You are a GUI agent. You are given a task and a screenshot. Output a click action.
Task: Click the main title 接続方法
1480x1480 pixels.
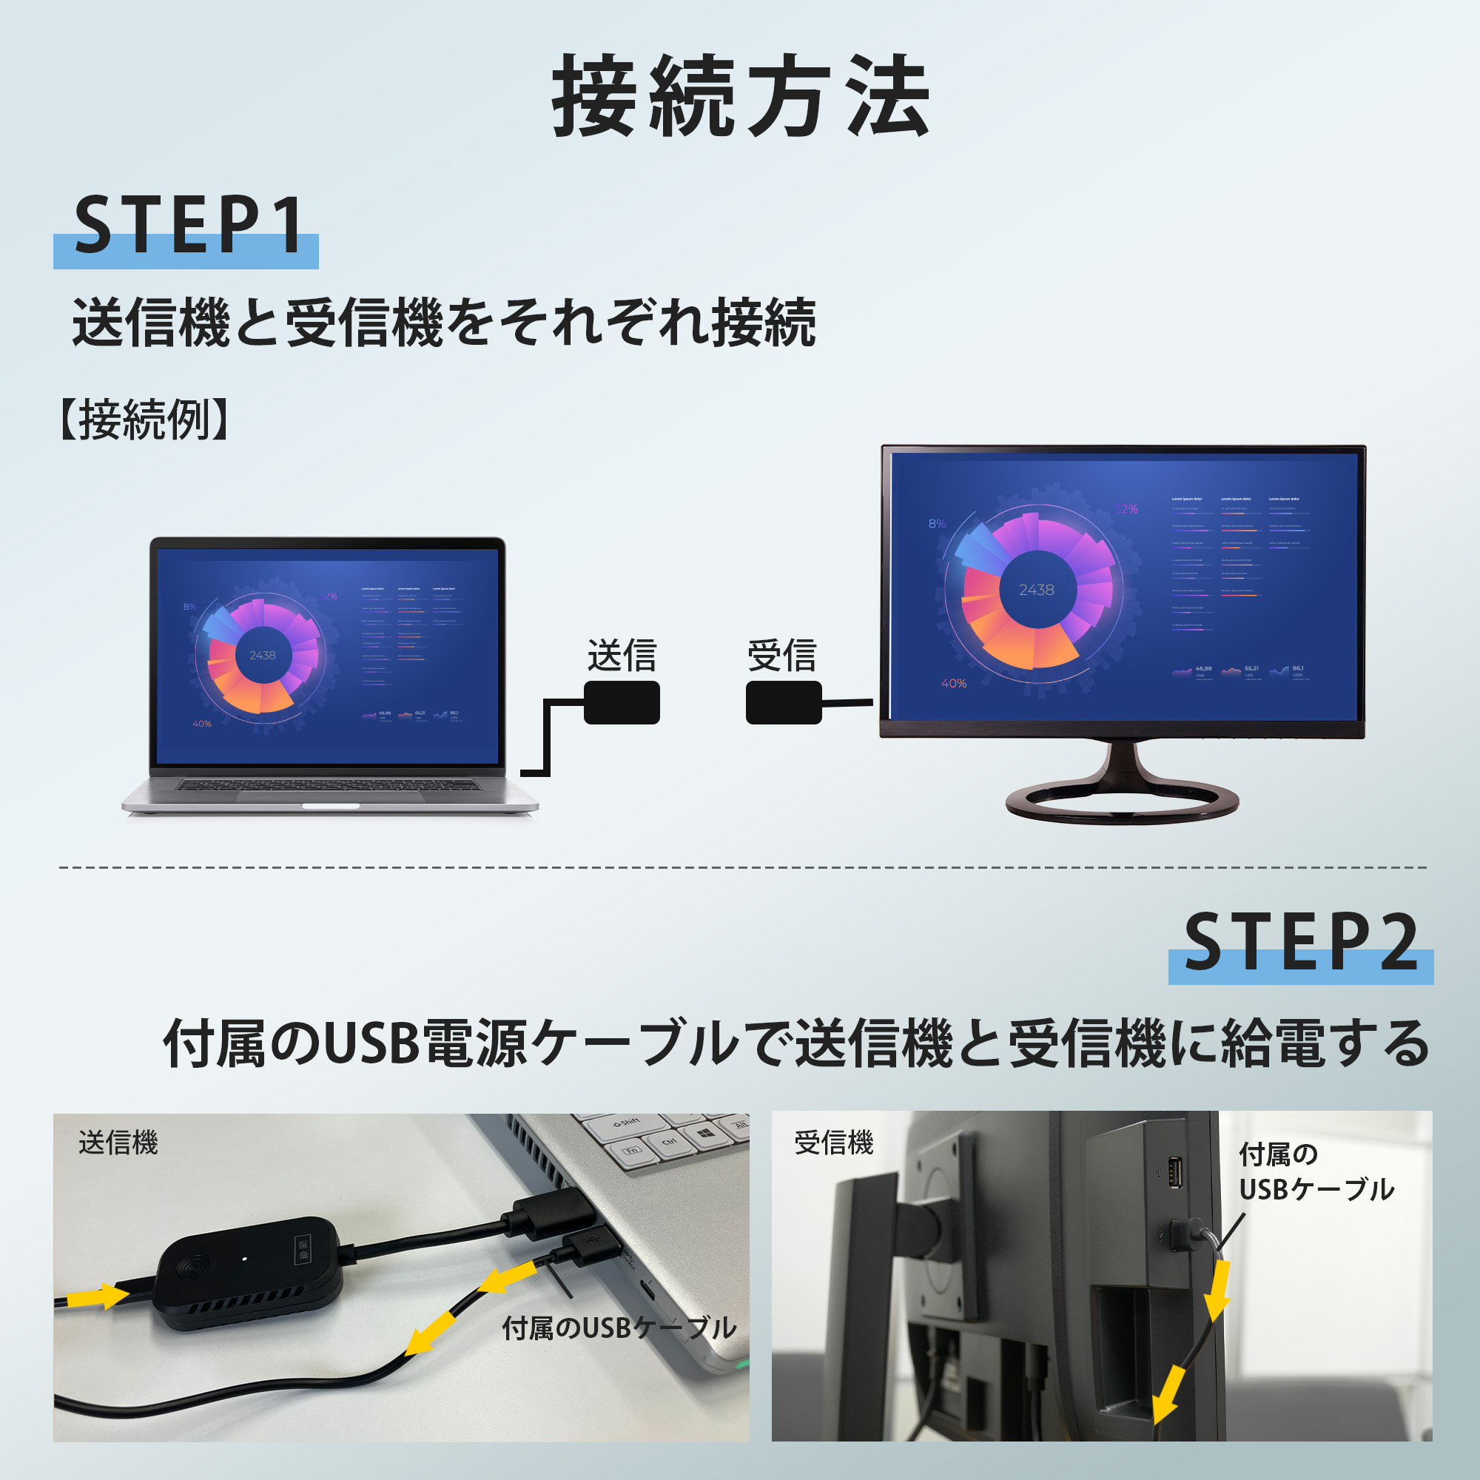pyautogui.click(x=740, y=97)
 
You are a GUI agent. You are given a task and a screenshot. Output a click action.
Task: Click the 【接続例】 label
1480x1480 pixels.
pyautogui.click(x=144, y=420)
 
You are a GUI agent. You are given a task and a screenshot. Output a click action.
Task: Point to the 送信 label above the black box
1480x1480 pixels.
pyautogui.click(x=622, y=656)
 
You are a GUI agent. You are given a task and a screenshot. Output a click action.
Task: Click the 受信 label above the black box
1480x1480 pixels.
pyautogui.click(x=782, y=656)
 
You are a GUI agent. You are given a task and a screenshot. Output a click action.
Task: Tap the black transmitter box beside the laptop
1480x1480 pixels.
pyautogui.click(x=622, y=702)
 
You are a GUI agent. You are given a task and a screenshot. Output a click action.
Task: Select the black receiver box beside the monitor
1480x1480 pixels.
pyautogui.click(x=783, y=702)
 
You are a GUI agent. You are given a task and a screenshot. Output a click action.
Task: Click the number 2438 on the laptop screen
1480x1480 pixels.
pyautogui.click(x=262, y=655)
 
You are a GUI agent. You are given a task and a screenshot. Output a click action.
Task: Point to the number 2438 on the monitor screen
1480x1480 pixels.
pyautogui.click(x=1037, y=590)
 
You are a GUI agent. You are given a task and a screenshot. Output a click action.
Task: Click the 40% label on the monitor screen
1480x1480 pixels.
pyautogui.click(x=954, y=683)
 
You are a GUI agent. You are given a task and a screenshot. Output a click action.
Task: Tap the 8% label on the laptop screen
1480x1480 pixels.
pyautogui.click(x=189, y=607)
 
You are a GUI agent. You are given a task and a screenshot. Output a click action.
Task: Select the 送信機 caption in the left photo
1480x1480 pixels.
pyautogui.click(x=118, y=1143)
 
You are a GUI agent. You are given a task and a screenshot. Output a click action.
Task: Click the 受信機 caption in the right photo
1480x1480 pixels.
pyautogui.click(x=833, y=1143)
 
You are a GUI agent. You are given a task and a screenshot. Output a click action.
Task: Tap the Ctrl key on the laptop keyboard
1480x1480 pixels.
pyautogui.click(x=668, y=1142)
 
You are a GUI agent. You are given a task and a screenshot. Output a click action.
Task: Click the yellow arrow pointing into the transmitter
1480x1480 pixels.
pyautogui.click(x=96, y=1296)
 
